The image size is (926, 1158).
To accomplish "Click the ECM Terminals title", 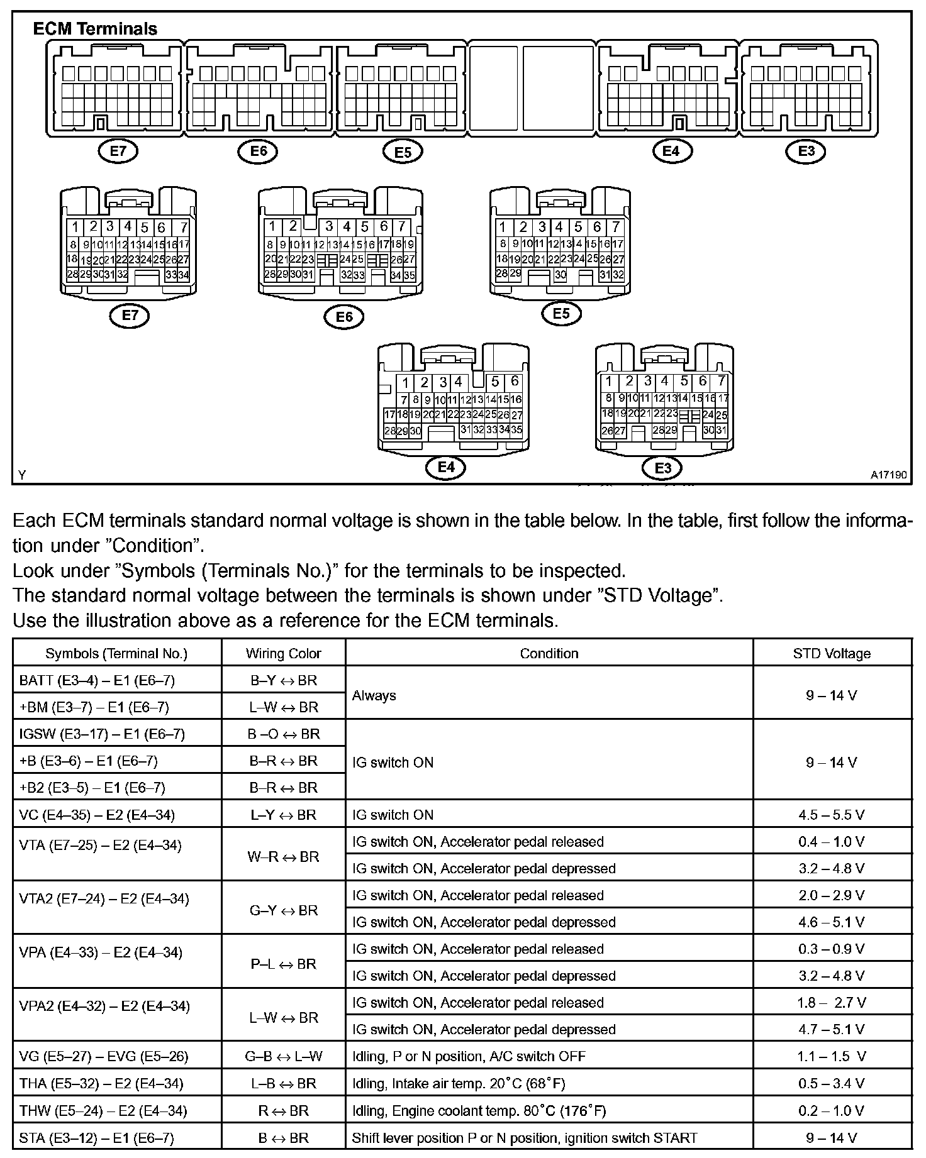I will coord(95,29).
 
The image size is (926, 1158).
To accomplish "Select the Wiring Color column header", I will coord(283,653).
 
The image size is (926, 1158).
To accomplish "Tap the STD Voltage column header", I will coord(832,653).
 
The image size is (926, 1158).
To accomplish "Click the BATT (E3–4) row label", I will coord(97,680).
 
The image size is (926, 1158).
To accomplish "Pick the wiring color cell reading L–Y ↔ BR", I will coord(283,815).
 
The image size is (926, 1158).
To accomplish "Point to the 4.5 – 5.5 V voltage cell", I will coord(832,815).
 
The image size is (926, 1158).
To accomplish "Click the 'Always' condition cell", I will coord(374,695).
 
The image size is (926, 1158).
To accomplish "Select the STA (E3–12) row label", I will coord(97,1138).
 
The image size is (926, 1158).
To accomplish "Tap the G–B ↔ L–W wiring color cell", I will coord(283,1056).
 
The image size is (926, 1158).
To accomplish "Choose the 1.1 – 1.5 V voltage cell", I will coord(832,1056).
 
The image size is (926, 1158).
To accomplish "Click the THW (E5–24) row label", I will coord(103,1111).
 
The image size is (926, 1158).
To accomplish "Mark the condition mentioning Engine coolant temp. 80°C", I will coord(479,1111).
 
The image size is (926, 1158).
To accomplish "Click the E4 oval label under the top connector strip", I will coord(671,151).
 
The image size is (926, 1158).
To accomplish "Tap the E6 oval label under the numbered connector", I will coord(344,317).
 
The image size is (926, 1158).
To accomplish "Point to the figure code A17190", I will coord(888,475).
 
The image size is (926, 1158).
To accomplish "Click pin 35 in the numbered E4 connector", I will coord(516,430).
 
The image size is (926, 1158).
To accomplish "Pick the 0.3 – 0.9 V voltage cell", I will coord(832,949).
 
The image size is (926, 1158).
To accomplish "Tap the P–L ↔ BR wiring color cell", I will coord(283,964).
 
